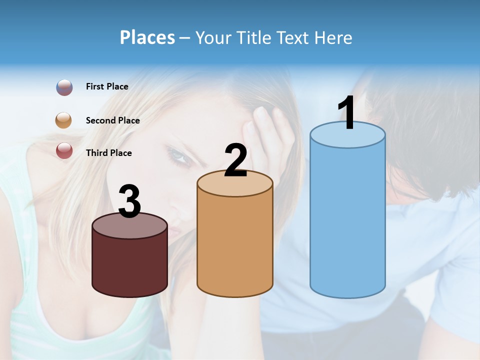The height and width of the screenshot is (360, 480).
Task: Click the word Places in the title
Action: point(147,37)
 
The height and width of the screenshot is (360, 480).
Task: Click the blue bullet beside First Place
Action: point(64,87)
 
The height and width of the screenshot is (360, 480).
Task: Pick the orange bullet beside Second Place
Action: point(63,120)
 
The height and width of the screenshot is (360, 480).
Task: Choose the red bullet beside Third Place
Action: point(64,150)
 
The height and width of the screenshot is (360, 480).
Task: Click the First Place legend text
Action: point(107,86)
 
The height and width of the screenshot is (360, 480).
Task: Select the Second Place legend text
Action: point(112,120)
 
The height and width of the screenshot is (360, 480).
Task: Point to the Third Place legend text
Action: point(108,153)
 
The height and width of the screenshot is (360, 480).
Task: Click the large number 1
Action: point(347,113)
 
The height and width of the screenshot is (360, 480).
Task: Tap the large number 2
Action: point(235,160)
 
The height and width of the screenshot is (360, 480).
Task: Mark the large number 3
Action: point(129,201)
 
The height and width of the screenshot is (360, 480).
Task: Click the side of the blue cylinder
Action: point(347,220)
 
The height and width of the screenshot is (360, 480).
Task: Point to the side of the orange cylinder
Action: point(235,245)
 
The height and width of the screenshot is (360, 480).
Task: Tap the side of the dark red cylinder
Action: point(129,265)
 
